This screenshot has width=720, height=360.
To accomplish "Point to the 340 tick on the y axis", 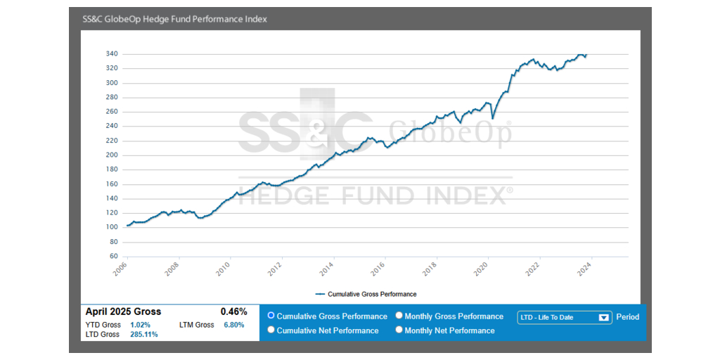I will click(x=111, y=54).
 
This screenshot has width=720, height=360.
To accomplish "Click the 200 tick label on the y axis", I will click(x=111, y=155).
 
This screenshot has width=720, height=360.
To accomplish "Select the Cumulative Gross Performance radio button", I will click(x=271, y=316).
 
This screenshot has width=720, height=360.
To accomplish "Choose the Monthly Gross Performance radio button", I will click(x=399, y=316).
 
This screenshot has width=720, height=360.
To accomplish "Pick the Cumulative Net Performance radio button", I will click(x=271, y=330).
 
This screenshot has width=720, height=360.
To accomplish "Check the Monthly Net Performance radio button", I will click(x=399, y=330).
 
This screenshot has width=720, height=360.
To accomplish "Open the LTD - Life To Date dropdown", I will click(x=563, y=317).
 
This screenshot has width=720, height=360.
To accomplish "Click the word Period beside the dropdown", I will click(x=628, y=317).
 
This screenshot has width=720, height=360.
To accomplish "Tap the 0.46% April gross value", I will click(x=233, y=311).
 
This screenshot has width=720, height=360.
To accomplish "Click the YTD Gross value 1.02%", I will click(x=140, y=325).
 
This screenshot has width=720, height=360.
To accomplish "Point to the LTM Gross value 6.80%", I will click(x=233, y=325).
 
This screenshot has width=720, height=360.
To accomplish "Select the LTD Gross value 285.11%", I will click(x=143, y=335).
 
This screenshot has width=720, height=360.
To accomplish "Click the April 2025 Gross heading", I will click(x=123, y=311).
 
